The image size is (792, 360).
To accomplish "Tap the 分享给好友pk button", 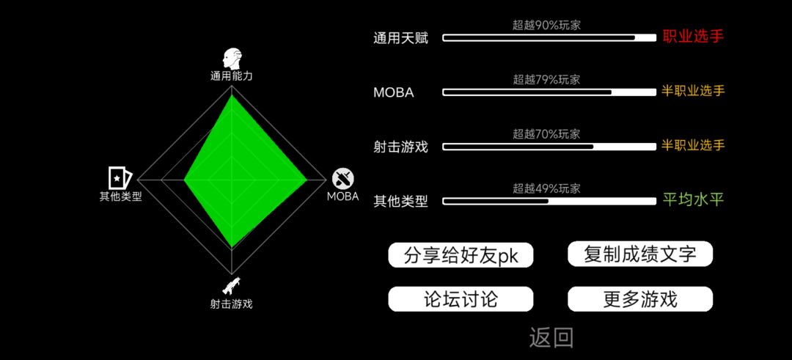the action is click(461, 255).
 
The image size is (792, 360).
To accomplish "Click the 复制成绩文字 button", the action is click(640, 254).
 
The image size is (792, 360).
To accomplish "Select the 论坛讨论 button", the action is click(461, 299).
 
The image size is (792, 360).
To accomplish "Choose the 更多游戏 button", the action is click(640, 299).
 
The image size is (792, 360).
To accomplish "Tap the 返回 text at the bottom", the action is click(551, 338).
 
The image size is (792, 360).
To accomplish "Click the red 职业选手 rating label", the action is click(693, 37).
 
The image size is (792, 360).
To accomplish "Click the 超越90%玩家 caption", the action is click(546, 25).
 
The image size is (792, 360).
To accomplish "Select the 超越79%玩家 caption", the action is click(546, 79).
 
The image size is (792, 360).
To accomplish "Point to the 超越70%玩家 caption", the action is click(546, 133).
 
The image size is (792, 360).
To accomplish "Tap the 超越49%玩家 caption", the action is click(546, 189).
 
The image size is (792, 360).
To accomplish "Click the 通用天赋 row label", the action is click(401, 38).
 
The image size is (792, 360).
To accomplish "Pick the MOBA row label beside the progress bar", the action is click(394, 93).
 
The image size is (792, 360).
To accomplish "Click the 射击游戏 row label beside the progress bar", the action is click(401, 147).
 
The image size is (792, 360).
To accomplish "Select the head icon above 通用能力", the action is click(232, 59).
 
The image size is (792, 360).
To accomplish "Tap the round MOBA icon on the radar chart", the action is click(343, 178).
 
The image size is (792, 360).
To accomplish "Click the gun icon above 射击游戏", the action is click(231, 286).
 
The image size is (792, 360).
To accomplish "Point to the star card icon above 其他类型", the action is click(120, 177).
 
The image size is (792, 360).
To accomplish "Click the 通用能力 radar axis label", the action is click(231, 77).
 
